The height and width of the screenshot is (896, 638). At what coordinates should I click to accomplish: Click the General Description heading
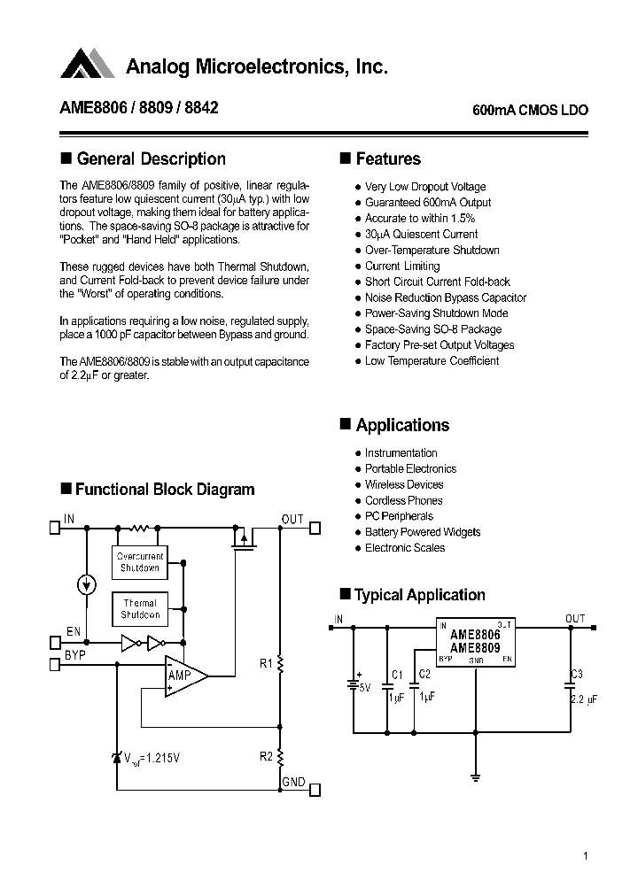point(151,159)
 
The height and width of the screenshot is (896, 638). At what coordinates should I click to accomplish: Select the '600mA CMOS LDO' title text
point(529,111)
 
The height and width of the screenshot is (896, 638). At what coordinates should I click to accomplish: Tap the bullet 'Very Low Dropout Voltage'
point(425,187)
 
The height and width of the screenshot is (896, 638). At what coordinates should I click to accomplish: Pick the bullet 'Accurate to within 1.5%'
point(420,219)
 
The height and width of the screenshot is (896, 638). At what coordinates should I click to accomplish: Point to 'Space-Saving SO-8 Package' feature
point(432,329)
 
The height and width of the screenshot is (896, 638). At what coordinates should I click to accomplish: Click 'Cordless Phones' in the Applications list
point(403,500)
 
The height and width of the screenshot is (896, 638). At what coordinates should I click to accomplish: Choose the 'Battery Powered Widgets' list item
point(423,532)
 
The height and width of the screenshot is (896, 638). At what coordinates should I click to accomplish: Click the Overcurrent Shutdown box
point(140,562)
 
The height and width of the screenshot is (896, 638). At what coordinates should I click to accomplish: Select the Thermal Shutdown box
point(140,608)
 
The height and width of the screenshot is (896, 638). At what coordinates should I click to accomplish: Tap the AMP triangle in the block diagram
point(183,676)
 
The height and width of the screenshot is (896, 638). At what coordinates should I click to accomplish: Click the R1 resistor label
point(265,663)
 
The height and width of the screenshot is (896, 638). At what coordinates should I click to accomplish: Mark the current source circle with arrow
point(86,584)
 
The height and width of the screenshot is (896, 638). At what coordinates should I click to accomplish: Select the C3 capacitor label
point(577,675)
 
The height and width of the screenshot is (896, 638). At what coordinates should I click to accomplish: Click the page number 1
point(587,856)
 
